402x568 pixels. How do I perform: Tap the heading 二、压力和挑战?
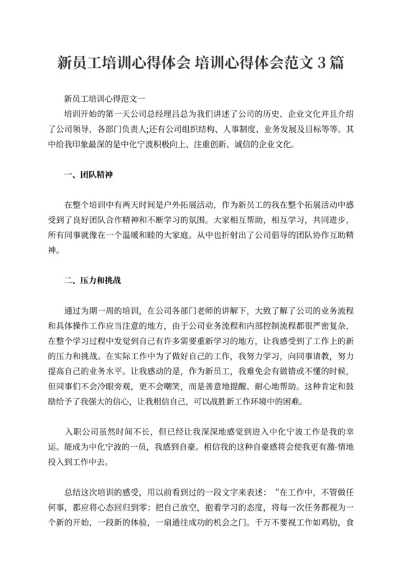pos(93,279)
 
